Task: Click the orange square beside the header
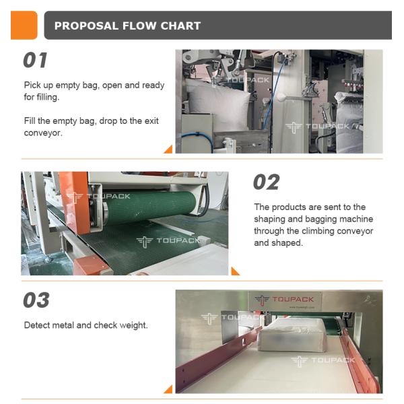[24, 26]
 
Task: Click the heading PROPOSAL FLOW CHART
[127, 26]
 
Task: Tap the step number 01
[36, 61]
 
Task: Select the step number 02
[266, 182]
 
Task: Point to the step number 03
[36, 300]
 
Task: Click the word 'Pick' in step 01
[32, 86]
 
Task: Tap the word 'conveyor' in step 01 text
[43, 133]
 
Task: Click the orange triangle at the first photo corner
[168, 149]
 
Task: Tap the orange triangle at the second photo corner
[235, 271]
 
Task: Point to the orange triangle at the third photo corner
[168, 389]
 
